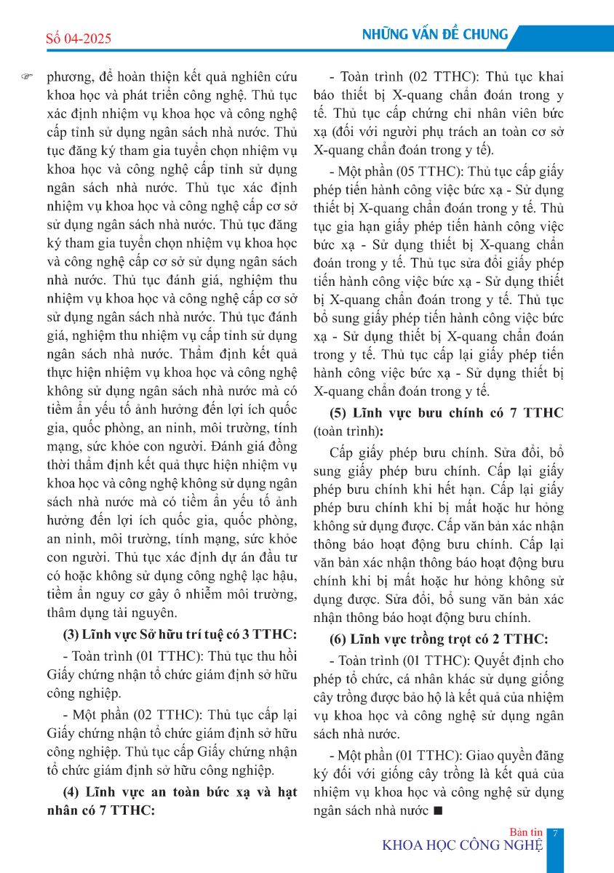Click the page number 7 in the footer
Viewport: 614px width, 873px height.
point(554,834)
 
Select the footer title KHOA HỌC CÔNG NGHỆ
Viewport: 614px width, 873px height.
point(463,845)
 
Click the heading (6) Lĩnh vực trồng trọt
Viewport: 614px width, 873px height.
point(439,639)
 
